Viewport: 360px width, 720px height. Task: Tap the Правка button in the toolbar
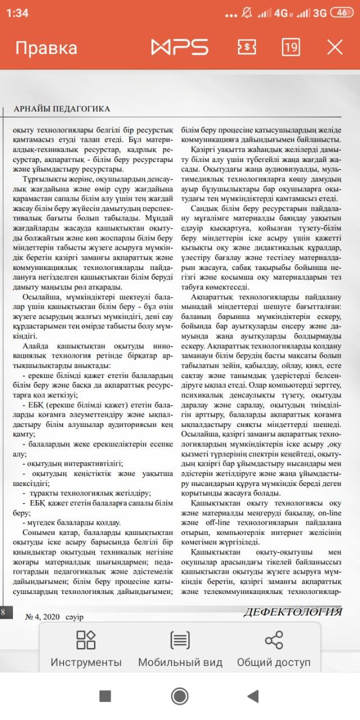[x=46, y=48]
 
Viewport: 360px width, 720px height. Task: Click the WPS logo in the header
[x=179, y=47]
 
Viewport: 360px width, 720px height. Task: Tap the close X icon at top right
[x=335, y=47]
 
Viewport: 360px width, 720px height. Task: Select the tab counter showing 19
[x=290, y=47]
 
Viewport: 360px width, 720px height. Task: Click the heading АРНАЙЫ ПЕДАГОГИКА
[x=62, y=109]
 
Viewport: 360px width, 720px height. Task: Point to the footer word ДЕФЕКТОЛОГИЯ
[x=292, y=612]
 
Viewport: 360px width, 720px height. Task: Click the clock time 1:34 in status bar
[x=18, y=13]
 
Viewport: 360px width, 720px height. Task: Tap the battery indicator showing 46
[x=341, y=13]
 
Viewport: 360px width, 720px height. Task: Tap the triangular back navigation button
[x=253, y=696]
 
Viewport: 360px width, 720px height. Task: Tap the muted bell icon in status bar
[x=246, y=13]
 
